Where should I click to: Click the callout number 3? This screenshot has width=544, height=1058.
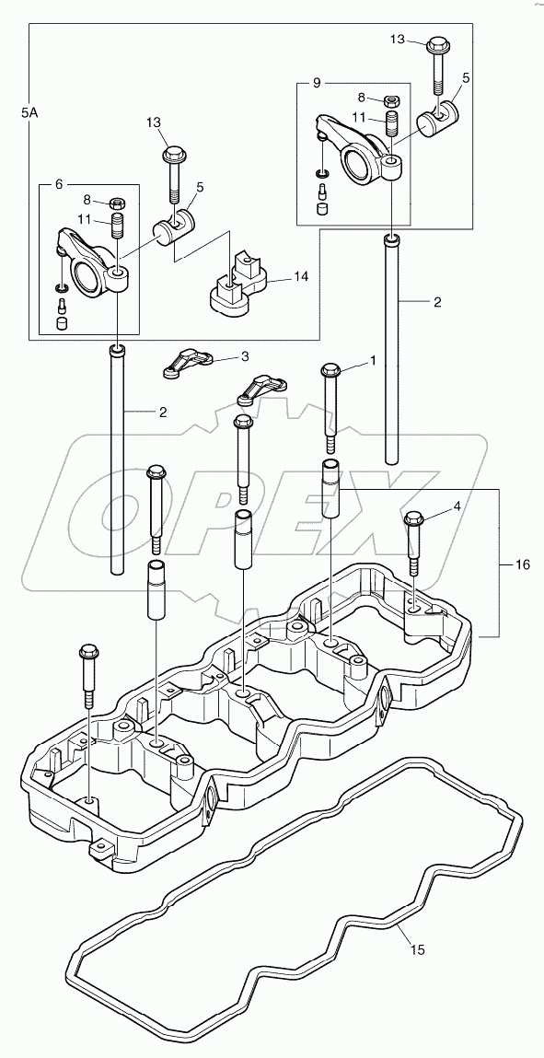244,355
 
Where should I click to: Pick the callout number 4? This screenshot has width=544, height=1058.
456,505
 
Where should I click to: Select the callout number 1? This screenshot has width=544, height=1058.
373,363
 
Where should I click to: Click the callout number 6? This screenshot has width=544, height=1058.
58,184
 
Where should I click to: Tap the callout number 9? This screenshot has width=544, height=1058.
316,83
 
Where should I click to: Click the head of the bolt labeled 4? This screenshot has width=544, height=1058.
413,518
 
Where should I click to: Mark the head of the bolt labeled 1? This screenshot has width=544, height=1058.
330,371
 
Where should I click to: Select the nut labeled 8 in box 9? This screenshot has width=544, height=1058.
392,99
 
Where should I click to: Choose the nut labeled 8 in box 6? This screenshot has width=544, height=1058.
118,203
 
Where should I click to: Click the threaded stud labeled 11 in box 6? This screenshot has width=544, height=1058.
118,227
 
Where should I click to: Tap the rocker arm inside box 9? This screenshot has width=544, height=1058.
359,152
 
